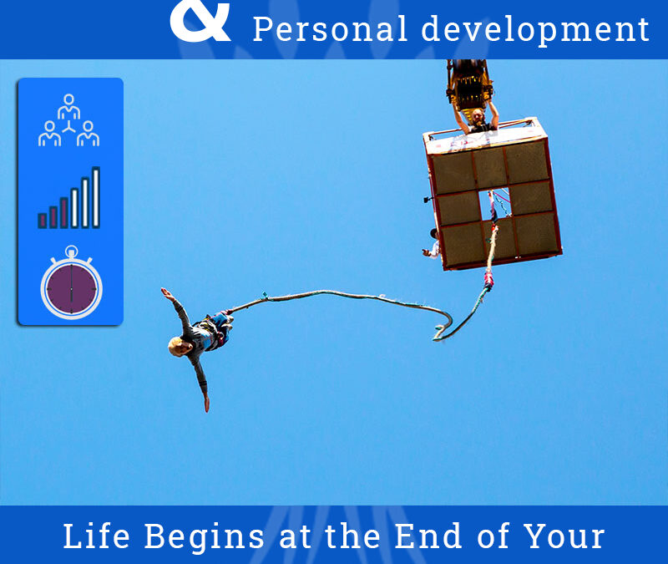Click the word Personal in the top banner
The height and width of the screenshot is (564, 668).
(331, 29)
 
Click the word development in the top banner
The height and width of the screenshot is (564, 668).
(534, 30)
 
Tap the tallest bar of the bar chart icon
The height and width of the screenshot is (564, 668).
(96, 197)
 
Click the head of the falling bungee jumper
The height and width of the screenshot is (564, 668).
(178, 346)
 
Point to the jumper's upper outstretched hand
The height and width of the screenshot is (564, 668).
(165, 292)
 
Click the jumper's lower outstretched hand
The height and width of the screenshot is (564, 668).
(205, 406)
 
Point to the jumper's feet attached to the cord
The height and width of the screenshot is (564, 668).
(225, 314)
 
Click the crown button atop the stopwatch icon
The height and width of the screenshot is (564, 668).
(71, 250)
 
